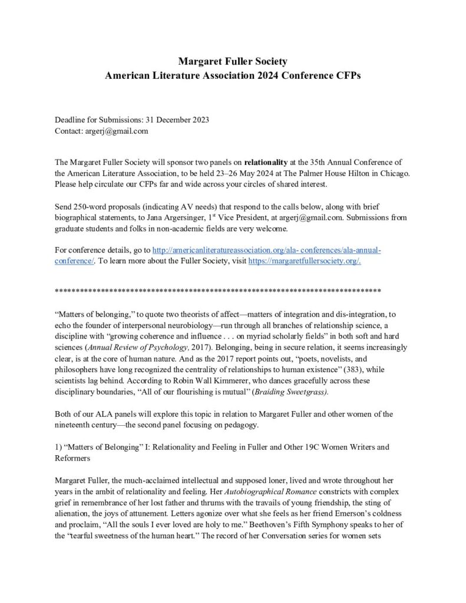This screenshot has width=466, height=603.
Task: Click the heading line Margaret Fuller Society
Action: click(233, 61)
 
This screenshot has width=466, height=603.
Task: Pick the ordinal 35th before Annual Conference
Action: click(319, 161)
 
